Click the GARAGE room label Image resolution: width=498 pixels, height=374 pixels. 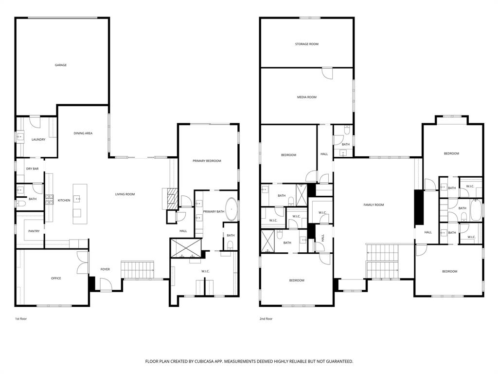[x=60, y=65]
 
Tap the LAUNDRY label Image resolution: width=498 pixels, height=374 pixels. [x=38, y=139]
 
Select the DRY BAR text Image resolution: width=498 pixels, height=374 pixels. [x=32, y=168]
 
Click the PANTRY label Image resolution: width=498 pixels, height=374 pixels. [x=34, y=231]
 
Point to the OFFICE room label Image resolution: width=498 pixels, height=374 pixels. [x=56, y=278]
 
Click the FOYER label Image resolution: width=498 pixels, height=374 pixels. [x=105, y=269]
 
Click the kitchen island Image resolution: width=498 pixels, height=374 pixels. [x=80, y=204]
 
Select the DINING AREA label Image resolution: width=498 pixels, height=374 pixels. [x=83, y=133]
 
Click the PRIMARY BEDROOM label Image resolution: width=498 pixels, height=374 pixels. [x=207, y=161]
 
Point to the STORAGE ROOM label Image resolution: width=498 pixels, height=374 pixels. [x=306, y=44]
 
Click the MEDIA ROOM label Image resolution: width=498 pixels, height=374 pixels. [x=306, y=97]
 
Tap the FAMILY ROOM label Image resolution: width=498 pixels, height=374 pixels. [x=373, y=205]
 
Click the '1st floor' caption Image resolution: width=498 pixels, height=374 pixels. [x=21, y=318]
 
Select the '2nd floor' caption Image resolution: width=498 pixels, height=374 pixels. [x=266, y=318]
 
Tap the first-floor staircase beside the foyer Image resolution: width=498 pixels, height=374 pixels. [x=137, y=269]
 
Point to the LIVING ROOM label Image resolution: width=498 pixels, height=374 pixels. [x=124, y=194]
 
